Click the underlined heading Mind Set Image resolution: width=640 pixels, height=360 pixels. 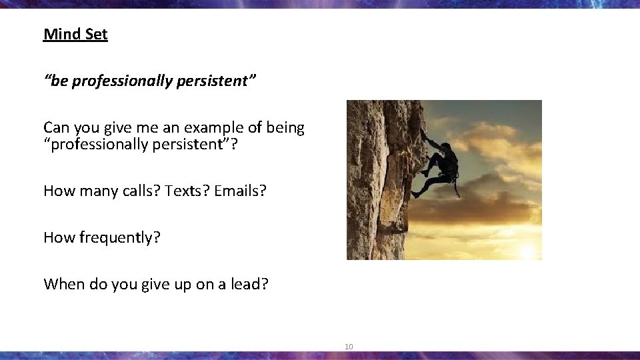tap(75, 34)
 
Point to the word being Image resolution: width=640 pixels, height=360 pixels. tap(283, 127)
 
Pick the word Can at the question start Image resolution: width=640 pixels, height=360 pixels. tap(56, 127)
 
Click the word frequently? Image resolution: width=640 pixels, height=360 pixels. tap(117, 237)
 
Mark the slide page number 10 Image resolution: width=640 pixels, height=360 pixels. tap(349, 347)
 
